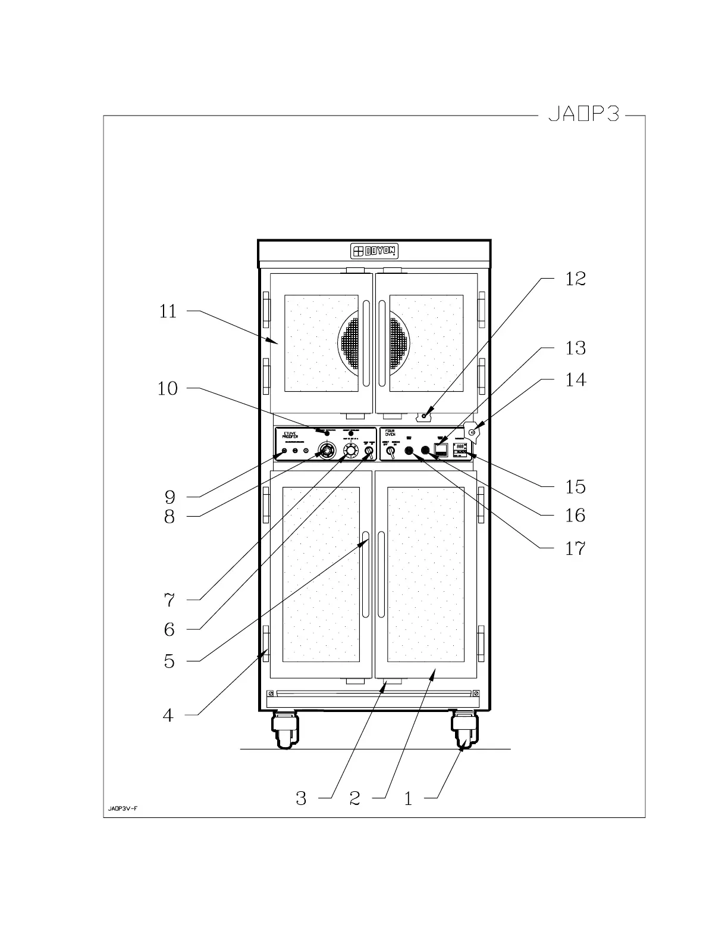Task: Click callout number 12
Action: (x=575, y=279)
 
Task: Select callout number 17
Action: (x=575, y=548)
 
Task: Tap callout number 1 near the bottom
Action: (x=408, y=798)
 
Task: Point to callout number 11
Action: (x=168, y=311)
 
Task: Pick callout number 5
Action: (x=170, y=661)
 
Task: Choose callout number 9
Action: (x=170, y=497)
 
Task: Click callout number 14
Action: (x=575, y=380)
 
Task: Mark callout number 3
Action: (x=301, y=798)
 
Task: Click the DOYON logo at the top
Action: (x=374, y=251)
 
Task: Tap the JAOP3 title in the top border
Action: (x=583, y=115)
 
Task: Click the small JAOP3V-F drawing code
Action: (x=123, y=809)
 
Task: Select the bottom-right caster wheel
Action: (x=464, y=731)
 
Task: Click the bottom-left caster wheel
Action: (x=285, y=731)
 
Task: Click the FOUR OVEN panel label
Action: (x=390, y=433)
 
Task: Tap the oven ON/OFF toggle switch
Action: (x=391, y=453)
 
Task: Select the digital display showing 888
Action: (x=460, y=446)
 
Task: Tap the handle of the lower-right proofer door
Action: (x=381, y=574)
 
